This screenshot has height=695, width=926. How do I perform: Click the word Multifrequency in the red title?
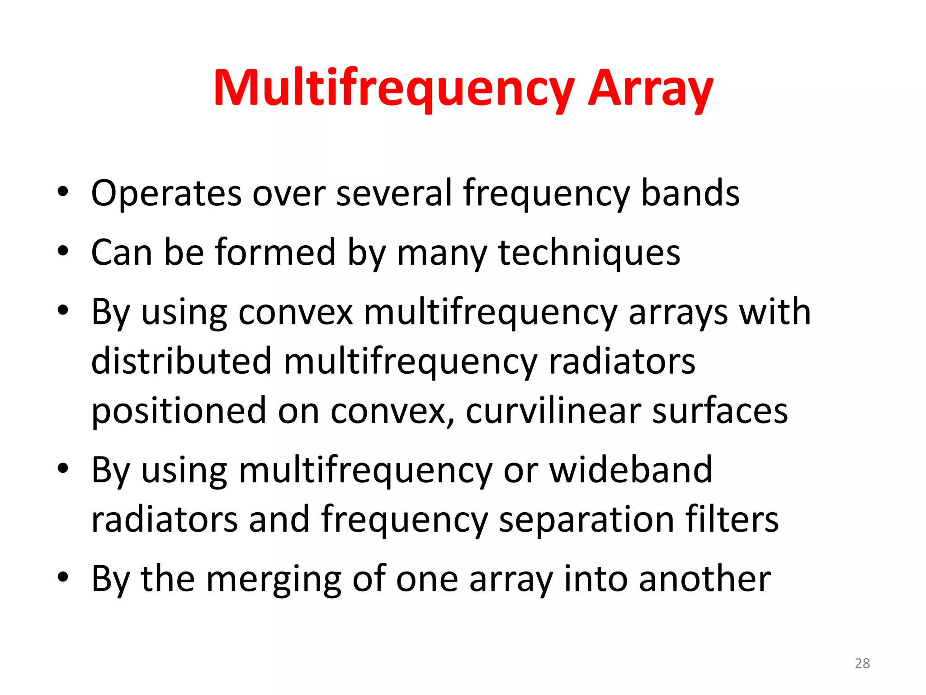[393, 89]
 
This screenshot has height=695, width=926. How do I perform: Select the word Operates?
[166, 194]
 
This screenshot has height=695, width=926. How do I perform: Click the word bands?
[690, 194]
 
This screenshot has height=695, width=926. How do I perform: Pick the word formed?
[275, 252]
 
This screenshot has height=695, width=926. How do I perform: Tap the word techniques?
[589, 253]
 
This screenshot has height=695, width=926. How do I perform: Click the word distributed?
[181, 361]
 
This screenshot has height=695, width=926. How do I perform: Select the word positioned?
[179, 411]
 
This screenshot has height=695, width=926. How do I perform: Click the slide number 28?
[862, 663]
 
